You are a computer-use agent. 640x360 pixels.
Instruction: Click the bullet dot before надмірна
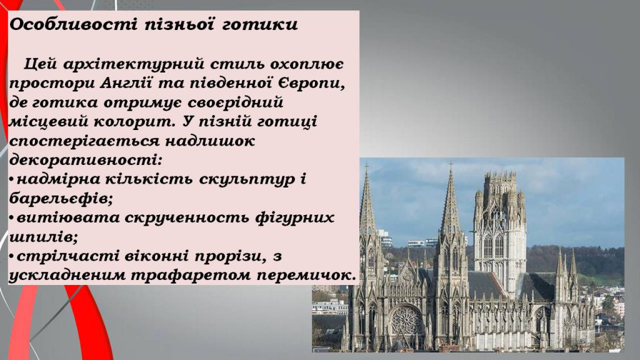pos(12,180)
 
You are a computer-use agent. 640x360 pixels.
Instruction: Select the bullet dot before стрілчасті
pos(12,257)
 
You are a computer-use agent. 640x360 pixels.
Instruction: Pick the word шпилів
pos(38,237)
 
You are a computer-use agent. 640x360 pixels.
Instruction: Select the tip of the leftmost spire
pos(366,167)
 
